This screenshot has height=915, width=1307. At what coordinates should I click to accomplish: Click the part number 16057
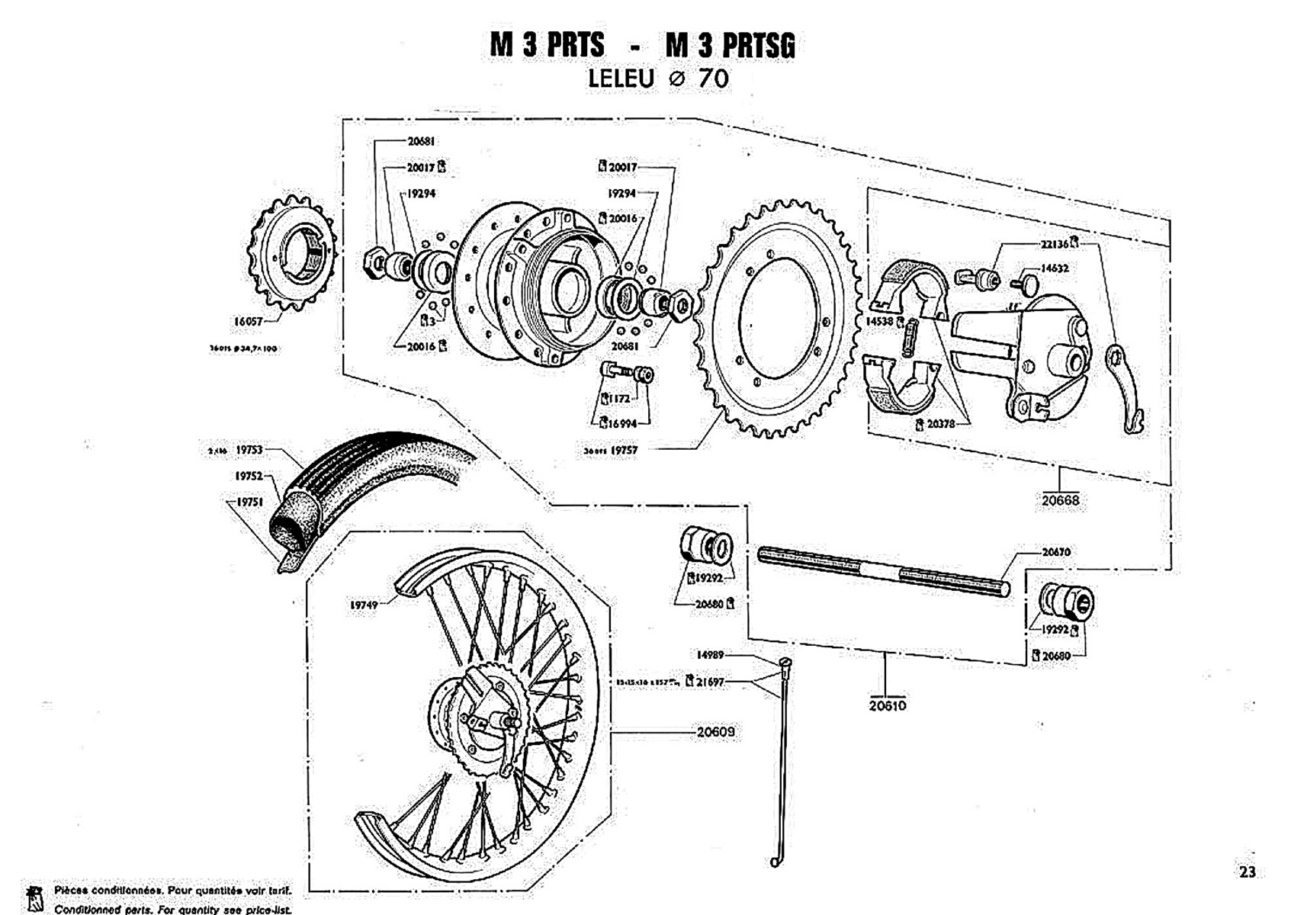[x=248, y=322]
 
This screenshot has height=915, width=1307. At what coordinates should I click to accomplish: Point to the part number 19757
[x=624, y=451]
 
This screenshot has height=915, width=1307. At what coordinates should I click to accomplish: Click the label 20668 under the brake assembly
[x=1061, y=500]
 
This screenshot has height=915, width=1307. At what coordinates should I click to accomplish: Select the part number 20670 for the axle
[x=1056, y=551]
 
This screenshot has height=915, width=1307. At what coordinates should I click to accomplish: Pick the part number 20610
[x=888, y=705]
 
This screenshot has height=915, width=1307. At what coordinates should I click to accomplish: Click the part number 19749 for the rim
[x=364, y=605]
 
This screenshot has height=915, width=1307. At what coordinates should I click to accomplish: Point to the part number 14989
[x=710, y=655]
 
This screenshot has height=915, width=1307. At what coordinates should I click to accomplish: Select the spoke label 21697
[x=710, y=682]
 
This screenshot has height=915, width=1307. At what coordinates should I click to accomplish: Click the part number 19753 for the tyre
[x=249, y=450]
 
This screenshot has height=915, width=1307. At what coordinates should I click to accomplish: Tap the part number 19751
[x=249, y=502]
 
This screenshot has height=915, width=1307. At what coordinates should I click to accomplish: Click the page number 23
[x=1248, y=872]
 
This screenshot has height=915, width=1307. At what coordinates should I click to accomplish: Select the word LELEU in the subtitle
[x=621, y=79]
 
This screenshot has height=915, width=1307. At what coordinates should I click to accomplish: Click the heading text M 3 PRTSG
[x=730, y=45]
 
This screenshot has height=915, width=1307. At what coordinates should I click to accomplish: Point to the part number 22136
[x=1054, y=244]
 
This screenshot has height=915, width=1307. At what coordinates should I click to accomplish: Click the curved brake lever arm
[x=1126, y=389]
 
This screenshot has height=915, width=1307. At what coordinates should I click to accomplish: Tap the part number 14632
[x=1055, y=268]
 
